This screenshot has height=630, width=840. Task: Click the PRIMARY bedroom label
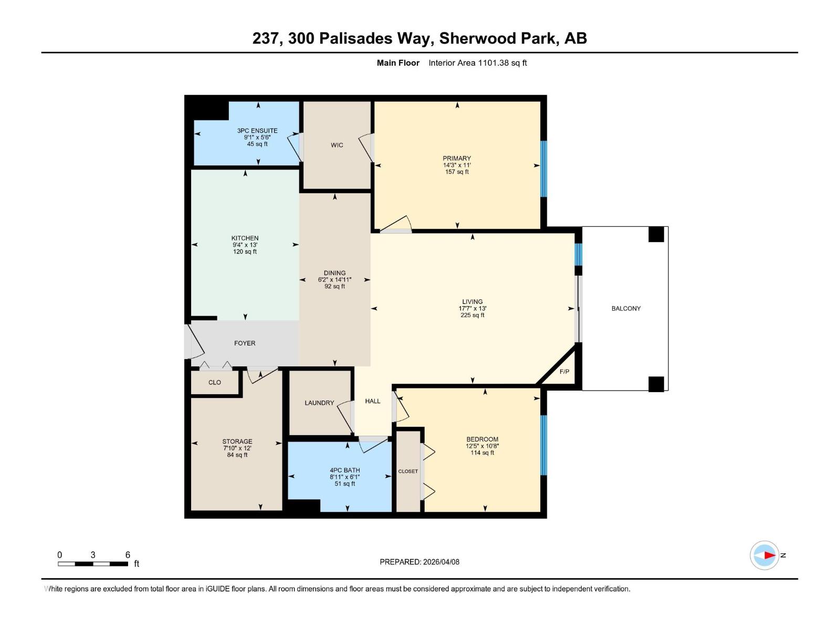click(456, 158)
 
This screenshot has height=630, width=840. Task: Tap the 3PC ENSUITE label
click(257, 131)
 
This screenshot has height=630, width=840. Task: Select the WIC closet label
click(337, 145)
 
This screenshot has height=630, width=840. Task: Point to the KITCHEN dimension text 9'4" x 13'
click(245, 245)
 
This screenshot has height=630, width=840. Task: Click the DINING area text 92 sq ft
click(334, 287)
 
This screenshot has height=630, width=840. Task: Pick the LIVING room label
click(472, 302)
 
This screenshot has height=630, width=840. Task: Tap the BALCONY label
click(626, 308)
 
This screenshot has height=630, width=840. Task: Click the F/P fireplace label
click(564, 372)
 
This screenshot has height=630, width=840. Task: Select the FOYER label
click(245, 343)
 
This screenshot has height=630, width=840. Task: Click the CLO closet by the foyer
click(214, 382)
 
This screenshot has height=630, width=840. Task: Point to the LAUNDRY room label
click(319, 403)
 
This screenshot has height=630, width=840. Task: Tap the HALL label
click(372, 401)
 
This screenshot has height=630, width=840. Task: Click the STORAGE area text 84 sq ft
click(237, 455)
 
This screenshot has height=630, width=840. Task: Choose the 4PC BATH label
click(344, 470)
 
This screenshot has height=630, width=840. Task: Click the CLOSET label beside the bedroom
click(408, 471)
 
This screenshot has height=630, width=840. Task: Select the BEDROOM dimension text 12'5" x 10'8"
click(482, 446)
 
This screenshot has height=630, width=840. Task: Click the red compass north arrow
click(769, 555)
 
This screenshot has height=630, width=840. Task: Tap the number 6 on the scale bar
click(128, 555)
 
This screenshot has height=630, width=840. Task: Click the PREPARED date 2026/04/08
click(440, 562)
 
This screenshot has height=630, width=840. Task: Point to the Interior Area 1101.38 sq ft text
click(477, 63)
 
